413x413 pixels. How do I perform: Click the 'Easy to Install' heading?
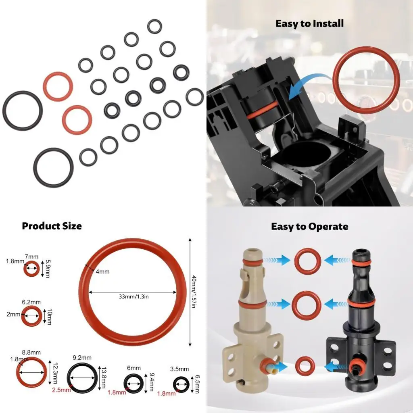point(309,23)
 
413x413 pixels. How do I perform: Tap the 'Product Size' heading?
point(52,226)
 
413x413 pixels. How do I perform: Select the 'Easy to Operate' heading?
point(309,226)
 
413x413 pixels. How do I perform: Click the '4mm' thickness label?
point(102,271)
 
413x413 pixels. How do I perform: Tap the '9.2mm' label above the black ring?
point(82,357)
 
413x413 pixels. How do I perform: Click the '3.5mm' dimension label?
point(179,369)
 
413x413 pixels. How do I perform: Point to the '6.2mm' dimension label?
point(31,302)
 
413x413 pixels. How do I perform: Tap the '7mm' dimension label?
point(32,257)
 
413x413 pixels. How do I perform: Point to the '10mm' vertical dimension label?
point(49,317)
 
